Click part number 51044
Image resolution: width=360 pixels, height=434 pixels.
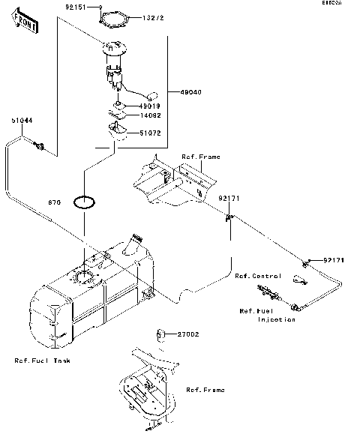pos(20,120)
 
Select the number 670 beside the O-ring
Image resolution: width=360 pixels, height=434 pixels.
pos(54,202)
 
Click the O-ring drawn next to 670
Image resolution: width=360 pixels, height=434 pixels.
pos(83,202)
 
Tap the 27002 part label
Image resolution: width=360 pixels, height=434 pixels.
pos(187,334)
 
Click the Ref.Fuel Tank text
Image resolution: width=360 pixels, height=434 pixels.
pos(43,361)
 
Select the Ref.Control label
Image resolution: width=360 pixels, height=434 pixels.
pos(256,276)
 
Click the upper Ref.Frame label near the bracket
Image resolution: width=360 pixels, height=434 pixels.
pos(199,157)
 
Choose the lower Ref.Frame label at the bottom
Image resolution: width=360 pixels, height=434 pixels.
pos(205,390)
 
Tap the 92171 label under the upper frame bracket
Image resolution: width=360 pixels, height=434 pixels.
pos(229,198)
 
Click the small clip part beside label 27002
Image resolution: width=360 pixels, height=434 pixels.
pos(160,333)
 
